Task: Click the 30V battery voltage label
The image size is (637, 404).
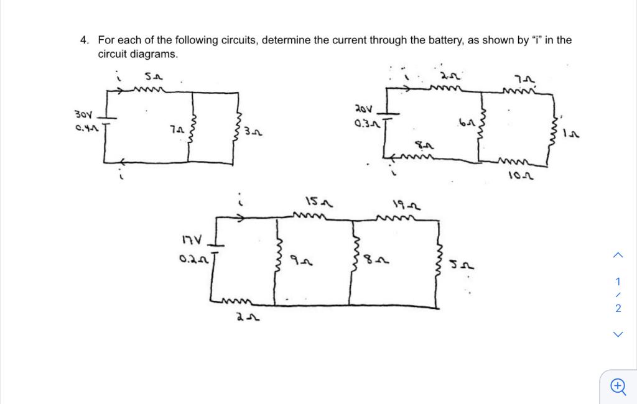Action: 83,115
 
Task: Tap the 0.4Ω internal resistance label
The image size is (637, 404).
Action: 85,129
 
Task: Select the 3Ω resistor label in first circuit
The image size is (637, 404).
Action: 252,132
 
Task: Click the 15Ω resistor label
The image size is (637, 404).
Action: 318,202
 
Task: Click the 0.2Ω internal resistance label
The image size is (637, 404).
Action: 193,255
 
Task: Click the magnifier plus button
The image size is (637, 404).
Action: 617,387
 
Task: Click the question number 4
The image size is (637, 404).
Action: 83,40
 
